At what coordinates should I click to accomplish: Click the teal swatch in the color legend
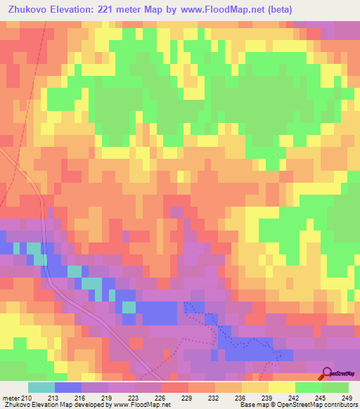41,387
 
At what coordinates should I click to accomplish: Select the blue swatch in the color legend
67,387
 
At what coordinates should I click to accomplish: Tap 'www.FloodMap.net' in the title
219,10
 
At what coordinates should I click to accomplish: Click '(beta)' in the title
277,10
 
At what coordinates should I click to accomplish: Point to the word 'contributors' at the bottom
339,405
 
